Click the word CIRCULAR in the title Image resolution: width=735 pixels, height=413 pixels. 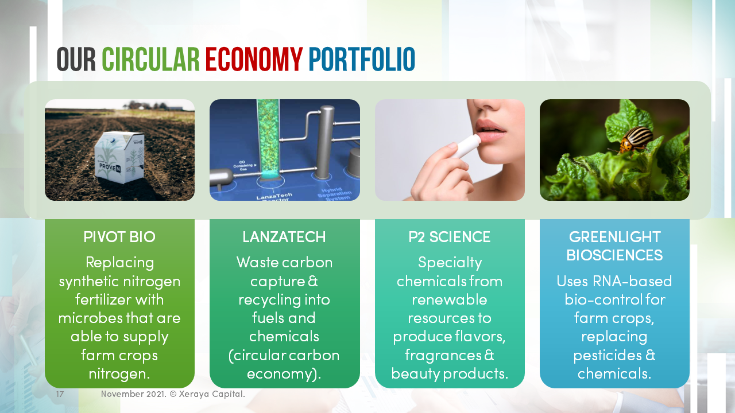150,60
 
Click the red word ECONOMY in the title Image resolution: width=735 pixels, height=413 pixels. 254,60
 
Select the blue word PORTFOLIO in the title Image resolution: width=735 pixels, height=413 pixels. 361,60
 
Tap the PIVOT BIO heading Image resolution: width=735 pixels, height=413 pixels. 119,237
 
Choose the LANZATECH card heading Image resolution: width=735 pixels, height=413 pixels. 284,237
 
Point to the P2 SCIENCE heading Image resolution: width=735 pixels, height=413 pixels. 450,237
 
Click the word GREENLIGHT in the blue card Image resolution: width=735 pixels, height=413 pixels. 614,237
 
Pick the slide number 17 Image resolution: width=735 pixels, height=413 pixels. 60,395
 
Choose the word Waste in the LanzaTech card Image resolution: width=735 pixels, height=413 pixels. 258,263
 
